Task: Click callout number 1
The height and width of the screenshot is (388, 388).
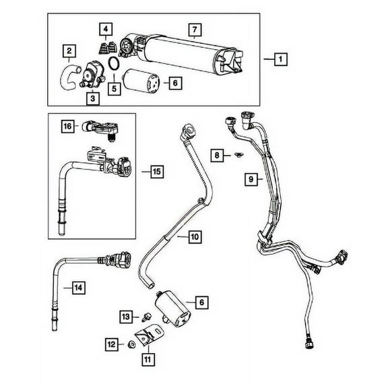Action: [278, 60]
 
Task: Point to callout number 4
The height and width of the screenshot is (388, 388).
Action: [105, 29]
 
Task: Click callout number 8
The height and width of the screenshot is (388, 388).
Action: [217, 156]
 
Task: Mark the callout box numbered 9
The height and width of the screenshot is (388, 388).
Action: [251, 179]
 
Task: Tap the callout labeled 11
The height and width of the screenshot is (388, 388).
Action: [147, 358]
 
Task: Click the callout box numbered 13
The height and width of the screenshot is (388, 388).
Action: [125, 317]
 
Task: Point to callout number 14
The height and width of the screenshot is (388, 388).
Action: [78, 288]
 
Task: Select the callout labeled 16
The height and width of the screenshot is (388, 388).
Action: [68, 125]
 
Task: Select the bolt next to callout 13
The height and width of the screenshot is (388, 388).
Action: [143, 315]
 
